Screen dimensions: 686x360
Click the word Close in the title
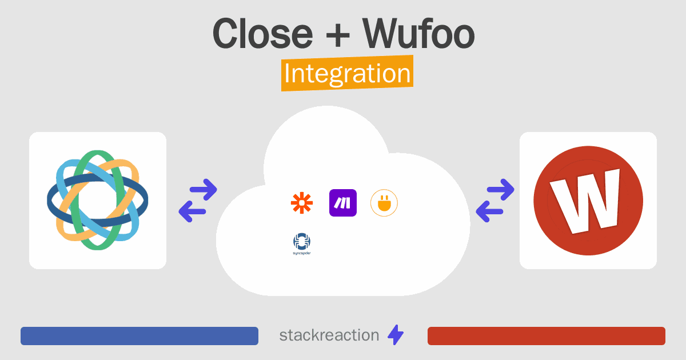263,33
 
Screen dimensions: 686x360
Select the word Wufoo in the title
418,33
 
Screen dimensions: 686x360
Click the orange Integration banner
348,73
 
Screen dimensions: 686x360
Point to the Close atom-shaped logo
97,200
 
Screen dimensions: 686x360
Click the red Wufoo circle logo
588,201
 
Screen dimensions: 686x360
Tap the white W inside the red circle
585,201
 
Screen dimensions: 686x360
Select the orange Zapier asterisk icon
302,203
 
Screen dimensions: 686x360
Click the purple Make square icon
342,203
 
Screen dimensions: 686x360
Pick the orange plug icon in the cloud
384,203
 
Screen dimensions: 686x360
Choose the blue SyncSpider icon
302,242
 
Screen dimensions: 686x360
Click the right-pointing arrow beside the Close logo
204,190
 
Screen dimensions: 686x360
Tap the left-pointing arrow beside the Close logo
192,211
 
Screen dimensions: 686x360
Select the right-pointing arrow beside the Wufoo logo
500,190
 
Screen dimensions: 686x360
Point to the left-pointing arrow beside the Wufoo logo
489,211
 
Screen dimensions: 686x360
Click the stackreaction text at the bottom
329,335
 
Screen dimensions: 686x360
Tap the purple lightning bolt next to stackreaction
396,335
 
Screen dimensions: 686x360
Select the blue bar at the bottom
139,336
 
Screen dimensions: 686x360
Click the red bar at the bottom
547,336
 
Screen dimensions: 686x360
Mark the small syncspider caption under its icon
302,253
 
